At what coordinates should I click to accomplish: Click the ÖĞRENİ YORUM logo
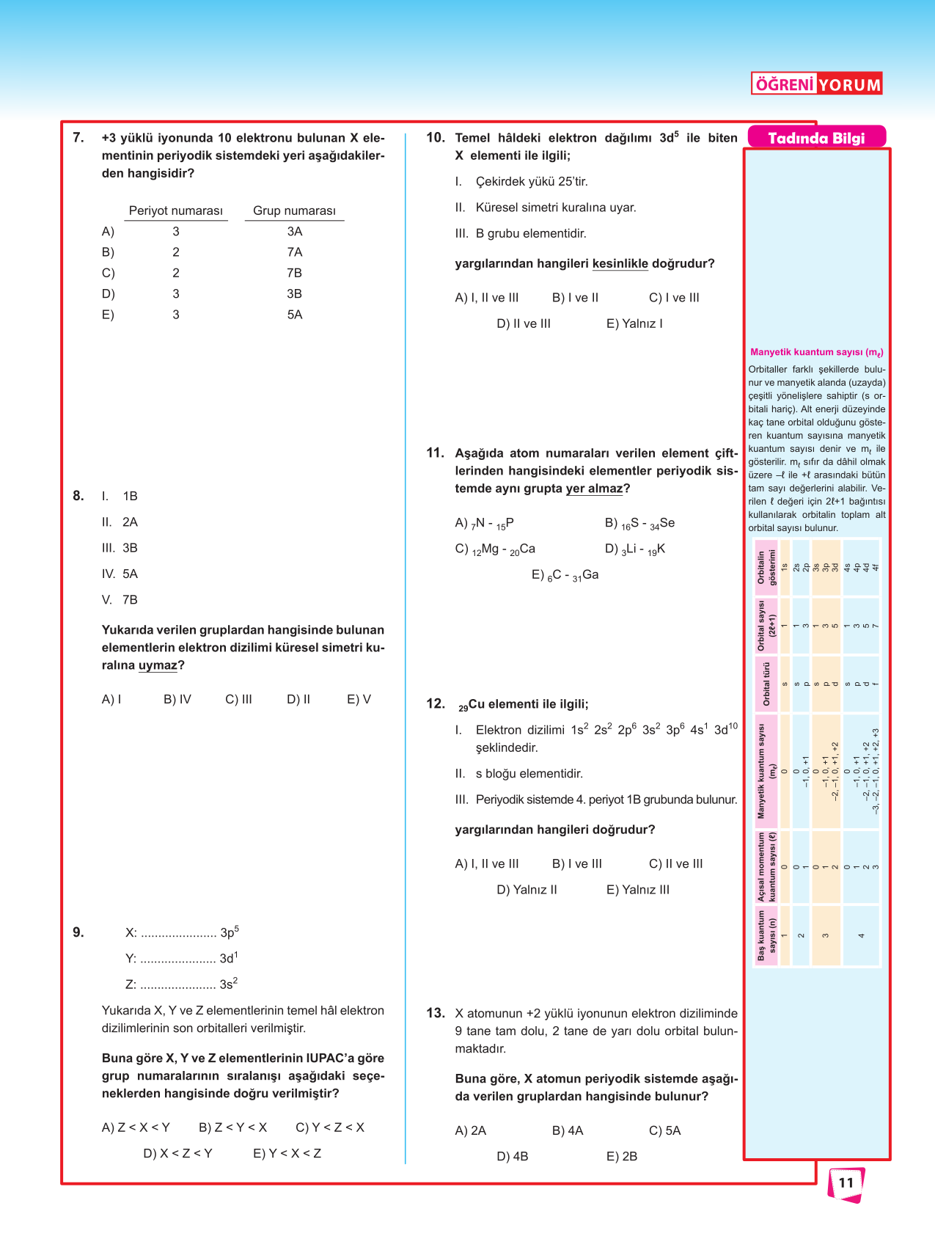[816, 84]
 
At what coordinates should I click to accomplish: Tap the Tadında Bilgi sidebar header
[816, 138]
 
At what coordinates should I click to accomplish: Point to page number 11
[846, 1182]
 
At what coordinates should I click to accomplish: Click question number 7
[78, 137]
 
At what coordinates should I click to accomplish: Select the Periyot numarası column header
[176, 211]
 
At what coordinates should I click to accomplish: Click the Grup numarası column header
[294, 211]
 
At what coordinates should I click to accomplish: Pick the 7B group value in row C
[294, 273]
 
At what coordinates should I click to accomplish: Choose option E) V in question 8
[359, 699]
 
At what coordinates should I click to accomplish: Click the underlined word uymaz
[158, 665]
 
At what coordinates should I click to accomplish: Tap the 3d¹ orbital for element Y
[229, 958]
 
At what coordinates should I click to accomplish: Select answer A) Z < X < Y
[136, 1127]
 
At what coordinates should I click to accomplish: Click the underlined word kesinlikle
[620, 263]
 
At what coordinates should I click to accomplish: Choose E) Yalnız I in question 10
[634, 323]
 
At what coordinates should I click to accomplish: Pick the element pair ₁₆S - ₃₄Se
[639, 523]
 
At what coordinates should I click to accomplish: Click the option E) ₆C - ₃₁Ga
[565, 575]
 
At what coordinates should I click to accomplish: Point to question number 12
[436, 704]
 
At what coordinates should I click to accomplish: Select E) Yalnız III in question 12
[637, 890]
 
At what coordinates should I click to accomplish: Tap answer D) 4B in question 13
[512, 1156]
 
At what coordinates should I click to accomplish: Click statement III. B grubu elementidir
[521, 233]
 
